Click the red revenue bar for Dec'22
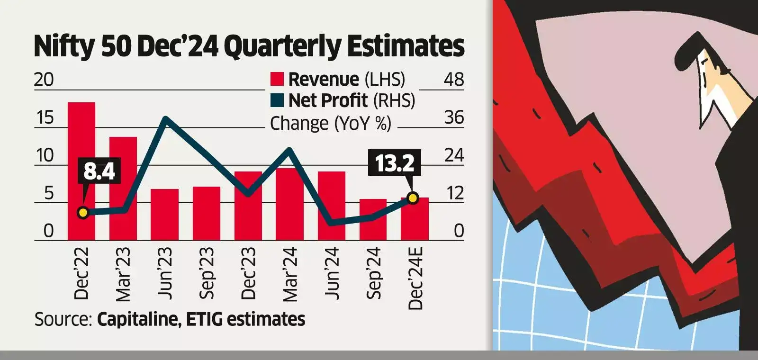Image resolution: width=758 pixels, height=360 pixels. tap(81, 171)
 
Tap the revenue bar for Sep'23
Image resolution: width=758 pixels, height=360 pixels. tap(207, 214)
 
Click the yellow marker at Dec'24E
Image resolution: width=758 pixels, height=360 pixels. tap(413, 198)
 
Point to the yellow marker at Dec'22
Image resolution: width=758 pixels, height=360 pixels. tap(83, 213)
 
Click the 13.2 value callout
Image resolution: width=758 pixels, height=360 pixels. tap(395, 163)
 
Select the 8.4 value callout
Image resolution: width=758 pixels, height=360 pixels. tap(99, 171)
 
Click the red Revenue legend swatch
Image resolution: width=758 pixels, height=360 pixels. tap(277, 79)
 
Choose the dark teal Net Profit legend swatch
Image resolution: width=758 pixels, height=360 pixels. tap(277, 100)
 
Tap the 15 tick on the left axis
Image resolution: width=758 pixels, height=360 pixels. tap(45, 117)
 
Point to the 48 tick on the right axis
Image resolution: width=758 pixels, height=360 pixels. tap(453, 79)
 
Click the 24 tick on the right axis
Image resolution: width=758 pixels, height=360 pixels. tap(453, 155)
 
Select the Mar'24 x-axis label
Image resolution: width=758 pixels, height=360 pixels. tap(290, 275)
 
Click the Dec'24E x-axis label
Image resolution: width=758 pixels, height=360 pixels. tap(415, 279)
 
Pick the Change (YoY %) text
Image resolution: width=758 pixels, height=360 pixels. tap(330, 123)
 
